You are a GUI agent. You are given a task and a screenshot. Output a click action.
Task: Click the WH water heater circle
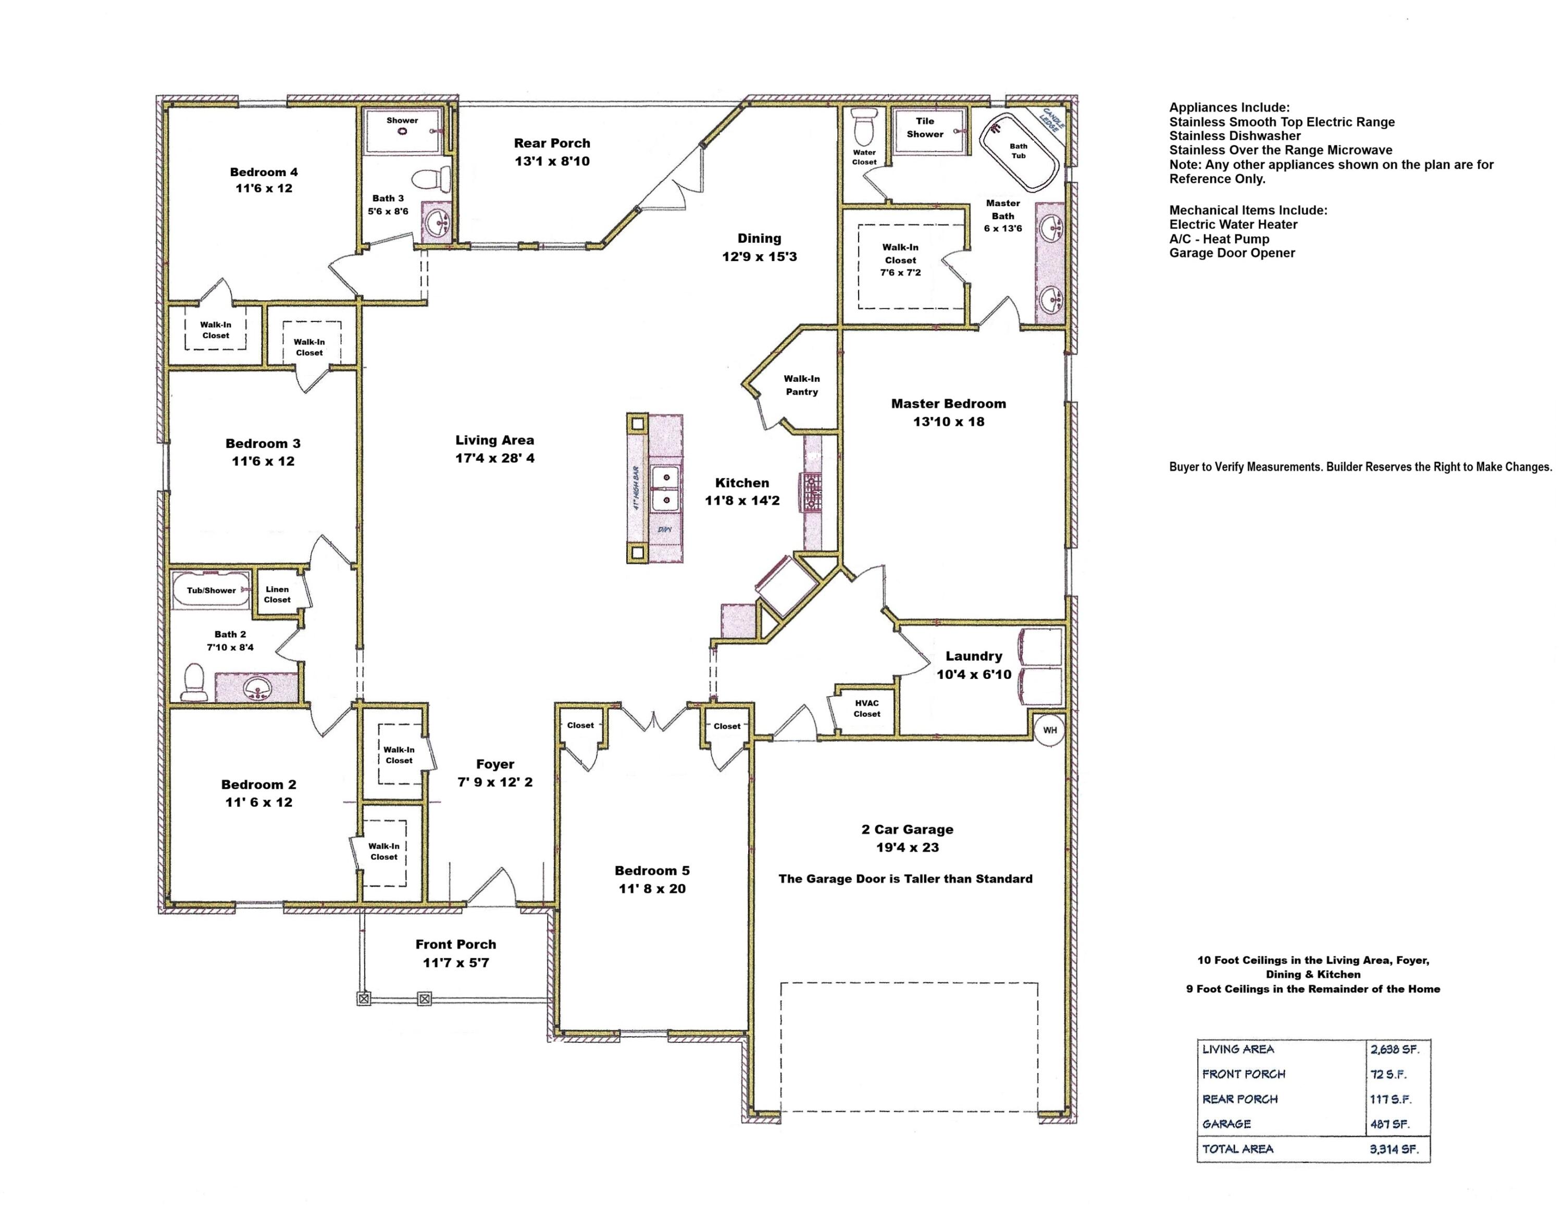click(1049, 730)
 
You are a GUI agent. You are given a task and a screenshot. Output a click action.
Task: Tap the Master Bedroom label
click(948, 404)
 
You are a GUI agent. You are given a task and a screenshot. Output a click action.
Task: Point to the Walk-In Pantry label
click(801, 385)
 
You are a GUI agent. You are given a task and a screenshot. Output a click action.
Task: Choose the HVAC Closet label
click(866, 708)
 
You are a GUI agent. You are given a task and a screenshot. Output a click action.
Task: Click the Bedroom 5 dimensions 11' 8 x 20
click(652, 889)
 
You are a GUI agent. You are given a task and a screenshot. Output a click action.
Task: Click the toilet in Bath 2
click(194, 682)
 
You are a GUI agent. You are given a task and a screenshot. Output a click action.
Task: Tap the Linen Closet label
click(277, 594)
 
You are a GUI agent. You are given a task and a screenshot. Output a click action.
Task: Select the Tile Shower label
click(925, 128)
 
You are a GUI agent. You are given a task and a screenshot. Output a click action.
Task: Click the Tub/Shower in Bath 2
click(211, 590)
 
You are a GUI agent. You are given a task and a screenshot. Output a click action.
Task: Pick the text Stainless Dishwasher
click(1235, 136)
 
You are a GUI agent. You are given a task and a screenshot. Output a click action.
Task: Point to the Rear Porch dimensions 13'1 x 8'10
click(552, 161)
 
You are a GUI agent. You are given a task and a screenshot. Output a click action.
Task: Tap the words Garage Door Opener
click(1232, 253)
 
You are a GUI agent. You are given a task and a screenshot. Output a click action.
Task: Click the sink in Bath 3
click(436, 224)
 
